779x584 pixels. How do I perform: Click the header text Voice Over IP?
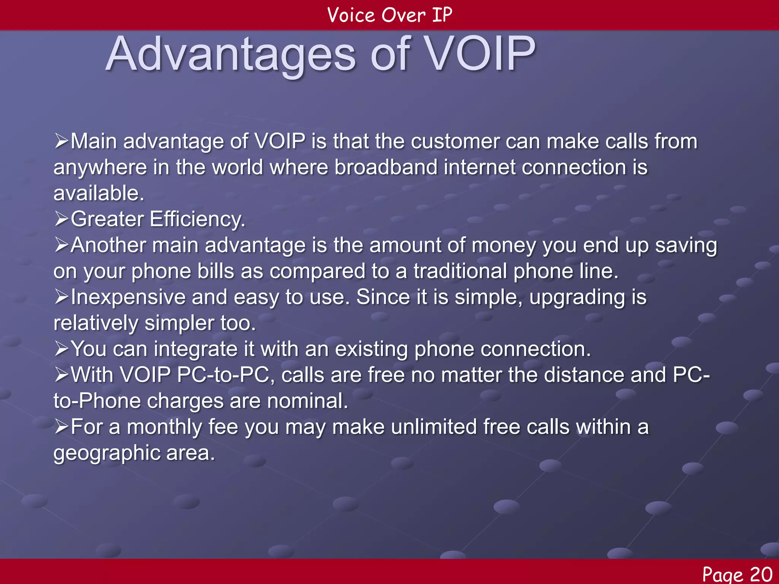pos(389,15)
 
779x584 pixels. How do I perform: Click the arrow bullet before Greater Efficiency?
pos(61,219)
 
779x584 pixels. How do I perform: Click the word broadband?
pos(386,167)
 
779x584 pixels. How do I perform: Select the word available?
pos(98,193)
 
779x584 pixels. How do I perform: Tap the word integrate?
pos(196,349)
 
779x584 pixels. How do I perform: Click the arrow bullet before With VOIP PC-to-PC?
pos(61,375)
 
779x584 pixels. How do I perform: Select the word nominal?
pos(307,401)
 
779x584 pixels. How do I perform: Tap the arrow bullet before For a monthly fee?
pos(61,427)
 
